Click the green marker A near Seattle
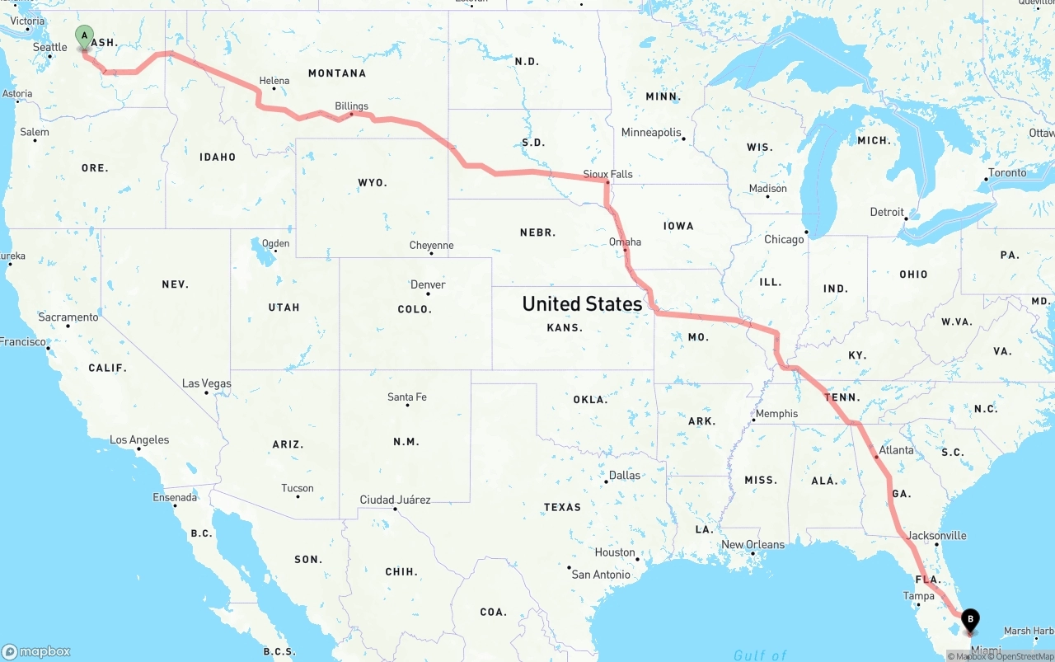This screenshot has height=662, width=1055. coord(84,36)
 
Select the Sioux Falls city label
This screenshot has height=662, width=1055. coord(607,174)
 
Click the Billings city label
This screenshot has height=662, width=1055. coord(351,106)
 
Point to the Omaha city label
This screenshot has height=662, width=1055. coord(625,242)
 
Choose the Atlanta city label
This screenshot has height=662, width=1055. coord(896,450)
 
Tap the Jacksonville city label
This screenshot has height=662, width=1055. coord(936,535)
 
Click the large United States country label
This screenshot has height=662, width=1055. coord(582,304)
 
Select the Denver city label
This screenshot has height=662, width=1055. coord(428,284)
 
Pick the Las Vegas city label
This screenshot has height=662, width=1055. coord(206,383)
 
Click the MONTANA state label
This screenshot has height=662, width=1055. coord(337,73)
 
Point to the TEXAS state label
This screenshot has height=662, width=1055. coord(562,507)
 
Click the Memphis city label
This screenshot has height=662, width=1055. coord(776,413)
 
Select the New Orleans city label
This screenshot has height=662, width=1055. coord(753,544)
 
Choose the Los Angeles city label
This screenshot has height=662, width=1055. coord(139,439)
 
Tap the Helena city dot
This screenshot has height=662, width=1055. coord(274,88)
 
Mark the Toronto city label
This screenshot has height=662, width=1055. coord(1007,172)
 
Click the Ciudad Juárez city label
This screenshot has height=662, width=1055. coord(395,500)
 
